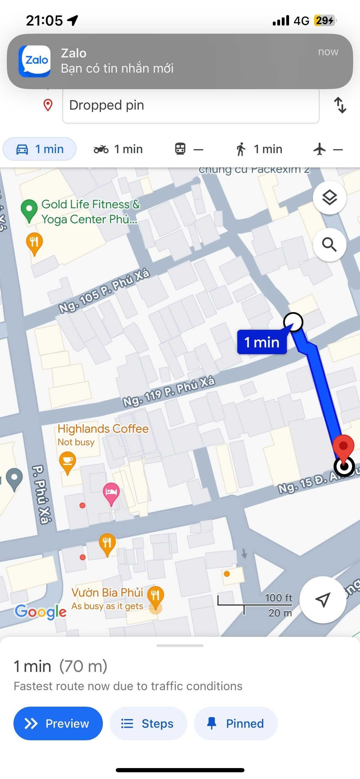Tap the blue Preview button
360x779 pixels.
click(x=58, y=723)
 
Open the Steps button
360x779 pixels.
click(x=148, y=723)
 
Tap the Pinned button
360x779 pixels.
click(x=236, y=723)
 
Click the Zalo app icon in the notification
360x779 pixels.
click(x=34, y=61)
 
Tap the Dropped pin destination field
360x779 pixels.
click(x=190, y=105)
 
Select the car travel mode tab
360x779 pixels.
click(x=40, y=149)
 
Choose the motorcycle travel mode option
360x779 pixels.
click(x=118, y=149)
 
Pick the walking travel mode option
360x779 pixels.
click(x=259, y=149)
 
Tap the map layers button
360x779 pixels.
click(x=329, y=198)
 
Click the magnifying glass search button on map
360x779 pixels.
click(x=329, y=244)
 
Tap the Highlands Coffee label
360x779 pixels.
click(x=103, y=429)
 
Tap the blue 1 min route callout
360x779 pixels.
click(x=262, y=342)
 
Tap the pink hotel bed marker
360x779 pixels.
click(x=111, y=493)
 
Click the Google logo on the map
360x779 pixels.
click(x=40, y=612)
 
